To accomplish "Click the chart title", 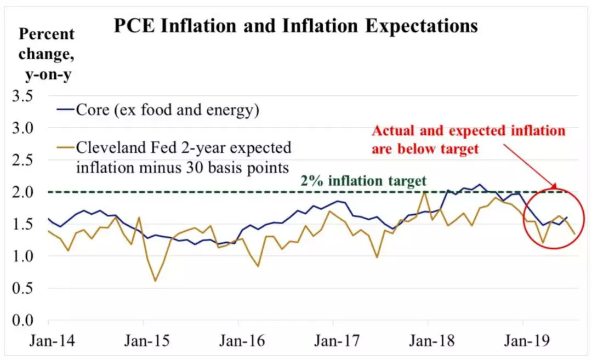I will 295,26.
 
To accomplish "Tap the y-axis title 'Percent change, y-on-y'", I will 46,55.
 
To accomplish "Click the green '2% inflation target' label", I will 363,180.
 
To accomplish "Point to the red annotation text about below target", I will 468,139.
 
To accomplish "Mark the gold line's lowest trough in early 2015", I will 155,281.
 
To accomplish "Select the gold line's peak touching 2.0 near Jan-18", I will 425,192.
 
